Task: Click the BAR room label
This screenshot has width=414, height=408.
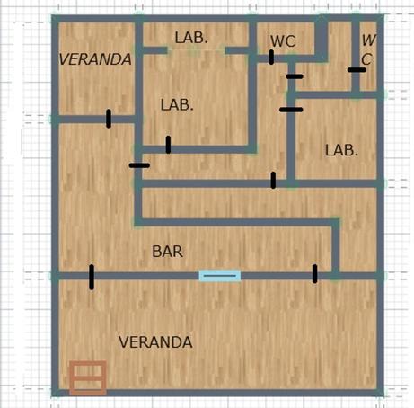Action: (x=167, y=252)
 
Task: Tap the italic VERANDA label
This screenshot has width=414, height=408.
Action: (x=95, y=59)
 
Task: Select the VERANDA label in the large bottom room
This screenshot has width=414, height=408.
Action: (x=155, y=342)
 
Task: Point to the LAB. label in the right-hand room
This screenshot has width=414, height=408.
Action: (x=341, y=150)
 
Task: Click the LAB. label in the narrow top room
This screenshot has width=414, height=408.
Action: (x=191, y=38)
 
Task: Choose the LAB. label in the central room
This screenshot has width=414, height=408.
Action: (x=177, y=105)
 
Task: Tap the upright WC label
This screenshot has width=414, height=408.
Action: (x=283, y=41)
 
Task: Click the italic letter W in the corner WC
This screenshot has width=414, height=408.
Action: (x=369, y=40)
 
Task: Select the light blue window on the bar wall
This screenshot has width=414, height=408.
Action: (x=220, y=275)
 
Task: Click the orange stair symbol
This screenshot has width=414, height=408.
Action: (x=88, y=377)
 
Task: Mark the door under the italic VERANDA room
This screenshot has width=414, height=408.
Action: (x=109, y=119)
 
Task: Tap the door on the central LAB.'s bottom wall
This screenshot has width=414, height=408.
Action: (x=168, y=145)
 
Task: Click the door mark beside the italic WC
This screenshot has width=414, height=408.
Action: (x=357, y=70)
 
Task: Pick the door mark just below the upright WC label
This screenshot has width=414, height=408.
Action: (x=271, y=58)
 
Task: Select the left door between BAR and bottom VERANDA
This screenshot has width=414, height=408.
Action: (x=92, y=277)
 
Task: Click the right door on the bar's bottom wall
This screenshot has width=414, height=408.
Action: (x=314, y=274)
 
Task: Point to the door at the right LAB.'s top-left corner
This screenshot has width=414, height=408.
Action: (x=291, y=110)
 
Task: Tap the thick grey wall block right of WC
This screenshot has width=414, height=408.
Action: (x=322, y=39)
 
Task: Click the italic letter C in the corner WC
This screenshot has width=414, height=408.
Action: (x=366, y=59)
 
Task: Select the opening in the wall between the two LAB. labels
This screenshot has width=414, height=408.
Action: (x=196, y=50)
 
